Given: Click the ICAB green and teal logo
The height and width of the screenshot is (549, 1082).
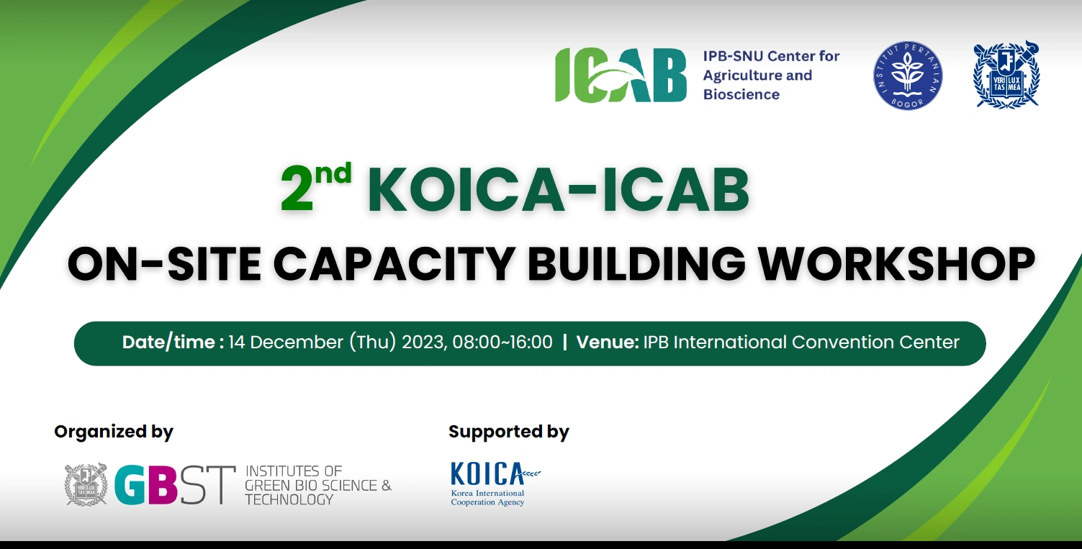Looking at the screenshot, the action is [x=621, y=75].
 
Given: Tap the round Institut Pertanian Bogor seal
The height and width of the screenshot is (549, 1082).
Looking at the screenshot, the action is [x=908, y=76].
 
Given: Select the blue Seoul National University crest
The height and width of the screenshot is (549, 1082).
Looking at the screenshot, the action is [x=1006, y=74].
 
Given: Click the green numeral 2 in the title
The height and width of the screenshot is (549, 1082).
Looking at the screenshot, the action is [x=296, y=189].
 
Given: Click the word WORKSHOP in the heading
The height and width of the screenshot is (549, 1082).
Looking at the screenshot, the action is [x=896, y=263].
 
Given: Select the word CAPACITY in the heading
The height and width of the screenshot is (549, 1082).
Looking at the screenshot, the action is [x=394, y=263].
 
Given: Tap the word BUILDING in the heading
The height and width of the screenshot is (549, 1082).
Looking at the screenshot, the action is [x=636, y=263].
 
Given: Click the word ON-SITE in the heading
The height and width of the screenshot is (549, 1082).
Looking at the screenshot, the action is [x=164, y=263].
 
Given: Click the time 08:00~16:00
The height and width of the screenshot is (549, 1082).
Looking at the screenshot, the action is [x=502, y=342].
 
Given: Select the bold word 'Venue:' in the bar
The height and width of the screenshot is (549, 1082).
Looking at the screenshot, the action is [x=608, y=342].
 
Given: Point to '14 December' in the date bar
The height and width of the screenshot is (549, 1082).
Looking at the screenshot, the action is [x=286, y=342].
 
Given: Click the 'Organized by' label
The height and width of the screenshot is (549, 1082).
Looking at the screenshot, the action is [x=114, y=432].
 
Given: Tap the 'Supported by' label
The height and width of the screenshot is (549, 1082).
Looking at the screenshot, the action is [x=509, y=432].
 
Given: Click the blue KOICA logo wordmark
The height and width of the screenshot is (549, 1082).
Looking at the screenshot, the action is [x=487, y=473].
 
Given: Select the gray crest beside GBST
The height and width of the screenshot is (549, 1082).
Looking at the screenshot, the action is [x=86, y=484].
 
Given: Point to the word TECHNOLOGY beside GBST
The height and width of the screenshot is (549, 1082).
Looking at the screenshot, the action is [x=289, y=500].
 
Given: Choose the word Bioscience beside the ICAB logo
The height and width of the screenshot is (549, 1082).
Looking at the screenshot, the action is [x=741, y=94].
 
